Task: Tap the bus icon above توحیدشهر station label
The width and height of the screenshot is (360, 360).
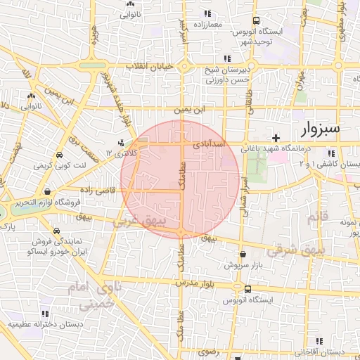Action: (255, 21)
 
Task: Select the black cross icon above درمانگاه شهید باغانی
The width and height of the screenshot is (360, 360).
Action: (276, 137)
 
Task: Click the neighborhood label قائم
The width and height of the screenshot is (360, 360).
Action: (318, 217)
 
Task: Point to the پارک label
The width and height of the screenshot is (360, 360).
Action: (8, 228)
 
